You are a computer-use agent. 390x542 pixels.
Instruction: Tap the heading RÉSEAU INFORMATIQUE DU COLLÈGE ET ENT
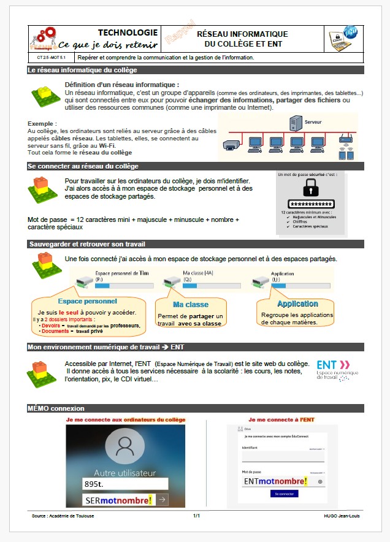point(242,39)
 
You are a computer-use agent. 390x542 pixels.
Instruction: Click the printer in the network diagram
point(231,147)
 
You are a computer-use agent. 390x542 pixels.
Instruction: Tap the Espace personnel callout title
point(87,301)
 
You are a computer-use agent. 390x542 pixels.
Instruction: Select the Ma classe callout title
point(190,304)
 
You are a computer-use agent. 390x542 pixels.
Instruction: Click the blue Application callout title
point(297,303)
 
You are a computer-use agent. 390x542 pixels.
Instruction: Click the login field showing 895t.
point(125,484)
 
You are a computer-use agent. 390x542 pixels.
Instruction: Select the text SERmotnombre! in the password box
point(119,501)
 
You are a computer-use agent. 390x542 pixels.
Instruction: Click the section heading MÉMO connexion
point(56,408)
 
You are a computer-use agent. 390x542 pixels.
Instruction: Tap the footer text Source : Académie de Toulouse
point(63,516)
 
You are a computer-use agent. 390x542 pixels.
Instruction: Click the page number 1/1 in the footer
point(196,516)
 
